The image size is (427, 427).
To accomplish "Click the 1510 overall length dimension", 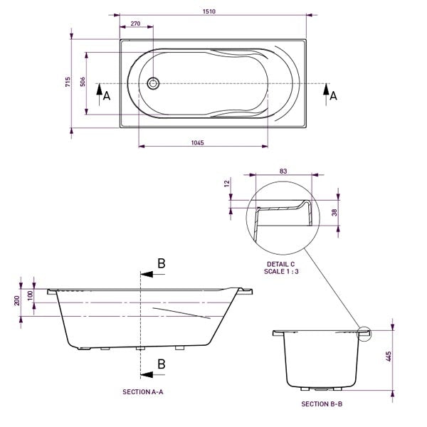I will click(x=211, y=11).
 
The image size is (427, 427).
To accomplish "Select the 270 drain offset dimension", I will click(x=135, y=24).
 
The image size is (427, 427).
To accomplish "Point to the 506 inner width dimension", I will click(x=83, y=82).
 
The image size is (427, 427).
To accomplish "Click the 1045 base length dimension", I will click(x=198, y=143).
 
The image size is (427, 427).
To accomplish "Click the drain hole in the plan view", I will click(x=153, y=83).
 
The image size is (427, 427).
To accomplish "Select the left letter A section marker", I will click(x=107, y=96).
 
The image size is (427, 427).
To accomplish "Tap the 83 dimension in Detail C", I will click(x=283, y=172).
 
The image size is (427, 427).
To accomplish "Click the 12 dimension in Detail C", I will click(x=227, y=183).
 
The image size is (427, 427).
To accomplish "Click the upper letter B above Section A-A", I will click(x=161, y=263).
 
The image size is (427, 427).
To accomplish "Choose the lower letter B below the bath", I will click(x=161, y=364).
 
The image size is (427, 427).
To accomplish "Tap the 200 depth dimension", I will click(x=17, y=300).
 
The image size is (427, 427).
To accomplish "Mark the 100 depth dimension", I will click(x=31, y=295).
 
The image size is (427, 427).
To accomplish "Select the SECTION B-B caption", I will click(x=322, y=404).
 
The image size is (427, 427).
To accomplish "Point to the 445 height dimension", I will click(x=389, y=357).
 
